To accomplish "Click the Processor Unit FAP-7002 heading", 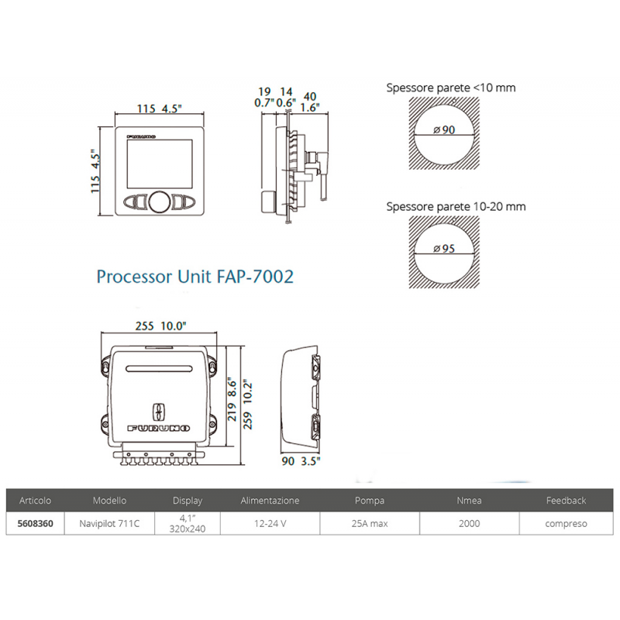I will (x=195, y=276).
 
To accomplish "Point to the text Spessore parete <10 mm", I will (x=450, y=88).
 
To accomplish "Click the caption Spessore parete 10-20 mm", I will (x=456, y=207).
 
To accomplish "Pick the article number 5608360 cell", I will (x=35, y=523).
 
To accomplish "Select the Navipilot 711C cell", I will (x=109, y=523).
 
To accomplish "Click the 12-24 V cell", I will (x=270, y=523).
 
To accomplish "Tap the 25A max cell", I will (x=369, y=523).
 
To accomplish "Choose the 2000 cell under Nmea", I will (x=468, y=523).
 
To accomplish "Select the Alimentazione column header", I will (x=270, y=501).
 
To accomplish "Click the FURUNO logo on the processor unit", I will (x=160, y=428).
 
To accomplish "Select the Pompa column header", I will (x=369, y=501).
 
